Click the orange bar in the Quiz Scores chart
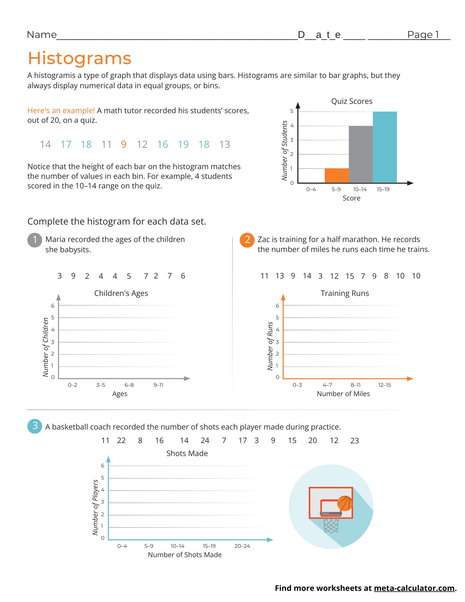(336, 175)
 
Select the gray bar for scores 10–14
(361, 154)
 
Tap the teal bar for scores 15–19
(385, 147)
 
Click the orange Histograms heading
(80, 58)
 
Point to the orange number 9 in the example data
(124, 144)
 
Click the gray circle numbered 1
(35, 240)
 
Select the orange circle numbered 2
(247, 240)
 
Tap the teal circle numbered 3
(35, 426)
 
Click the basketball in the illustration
(345, 503)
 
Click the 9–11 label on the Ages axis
(158, 385)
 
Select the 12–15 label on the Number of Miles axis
(385, 385)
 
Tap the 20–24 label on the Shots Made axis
(242, 546)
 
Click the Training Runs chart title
(345, 293)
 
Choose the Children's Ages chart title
(121, 293)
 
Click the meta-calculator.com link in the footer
(414, 588)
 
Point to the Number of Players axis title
(95, 507)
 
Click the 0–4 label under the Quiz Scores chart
(311, 189)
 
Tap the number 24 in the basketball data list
(205, 441)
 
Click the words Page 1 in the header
(423, 35)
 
